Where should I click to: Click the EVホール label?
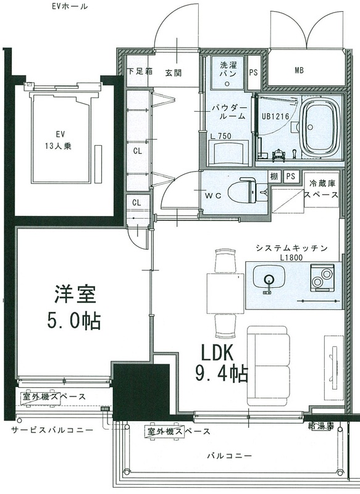[x=70, y=7]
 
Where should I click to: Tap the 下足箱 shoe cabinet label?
[x=139, y=72]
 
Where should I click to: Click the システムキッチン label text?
[x=290, y=248]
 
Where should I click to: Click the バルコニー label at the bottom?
[x=228, y=456]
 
